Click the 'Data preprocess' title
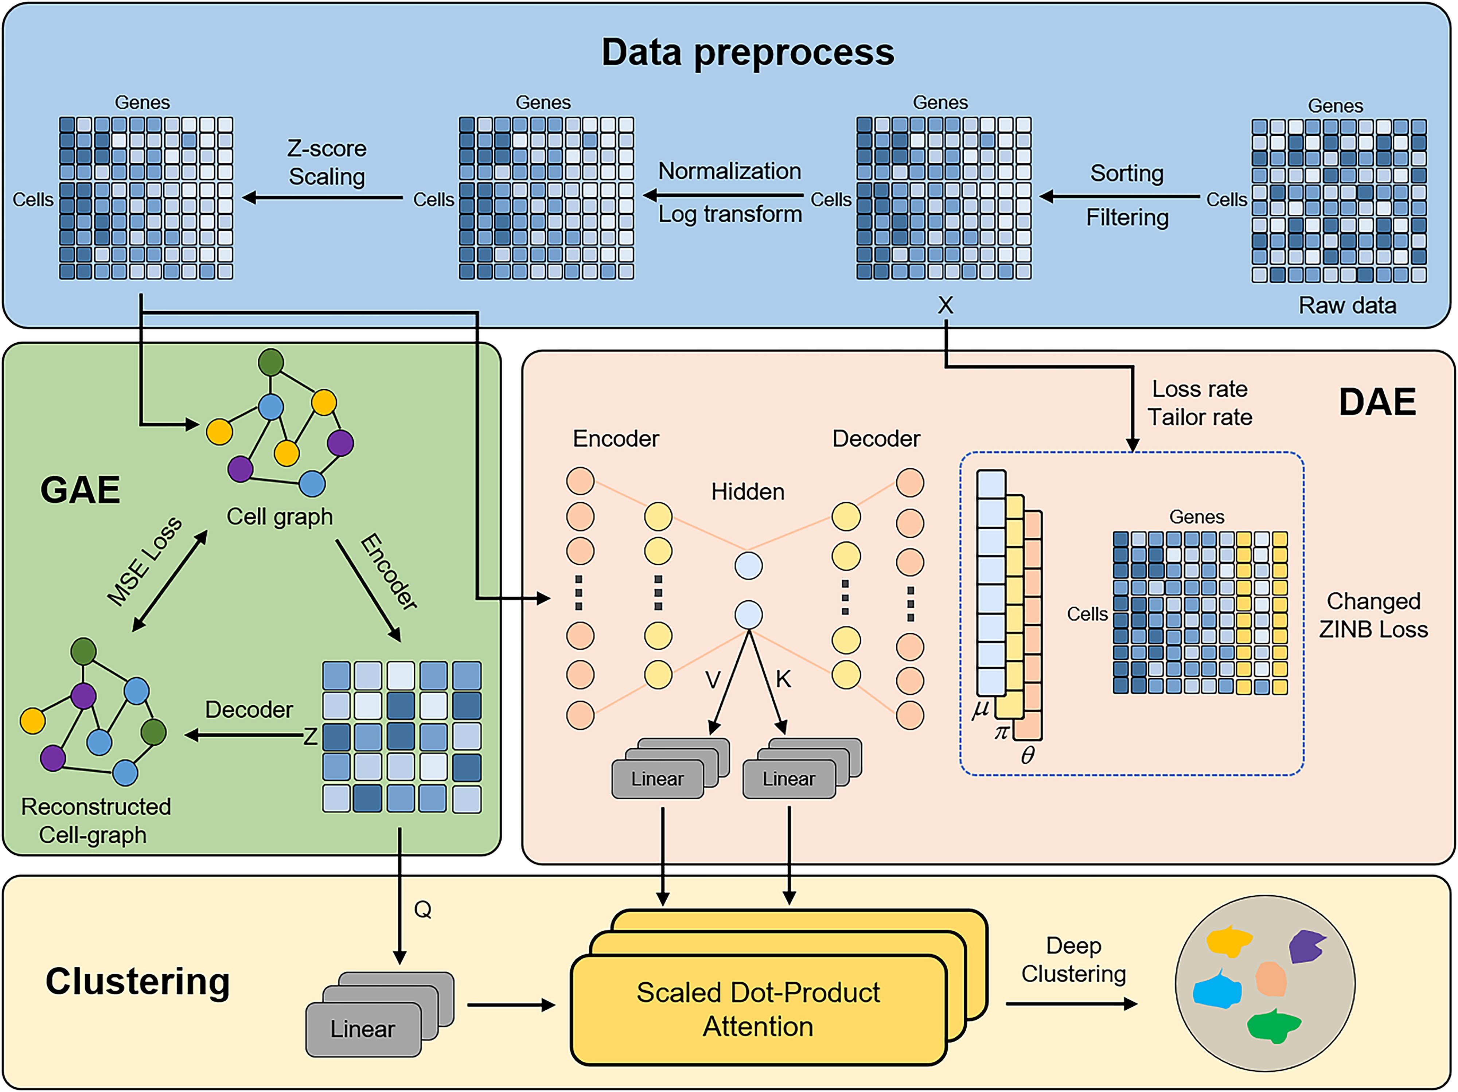pos(748,53)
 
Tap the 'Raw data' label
pos(1347,306)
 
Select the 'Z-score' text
pos(327,149)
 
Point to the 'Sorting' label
pos(1126,173)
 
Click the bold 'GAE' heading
pos(81,490)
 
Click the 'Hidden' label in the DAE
pos(748,492)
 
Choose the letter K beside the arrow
pos(783,679)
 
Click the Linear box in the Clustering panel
pos(363,1029)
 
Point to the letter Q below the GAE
pos(422,910)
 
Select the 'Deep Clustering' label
pos(1074,960)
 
